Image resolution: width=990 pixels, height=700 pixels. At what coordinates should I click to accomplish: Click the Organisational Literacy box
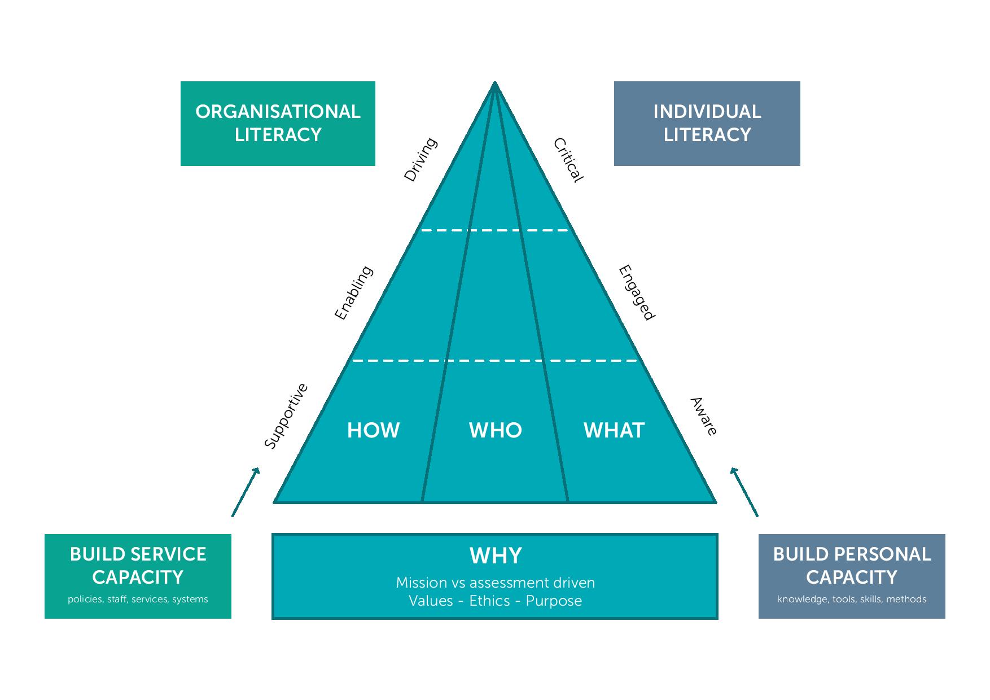278,123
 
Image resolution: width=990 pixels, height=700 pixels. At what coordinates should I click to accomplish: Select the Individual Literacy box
707,123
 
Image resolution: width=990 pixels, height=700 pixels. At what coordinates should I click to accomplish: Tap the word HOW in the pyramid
373,431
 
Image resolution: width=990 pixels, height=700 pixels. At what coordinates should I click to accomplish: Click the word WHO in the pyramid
496,431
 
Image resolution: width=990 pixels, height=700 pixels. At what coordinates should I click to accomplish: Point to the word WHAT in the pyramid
614,431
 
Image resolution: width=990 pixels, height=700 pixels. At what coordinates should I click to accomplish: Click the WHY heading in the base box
496,556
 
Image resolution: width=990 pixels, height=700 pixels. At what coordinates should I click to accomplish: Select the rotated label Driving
420,159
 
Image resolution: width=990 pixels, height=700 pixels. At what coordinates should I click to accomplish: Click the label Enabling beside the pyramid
354,292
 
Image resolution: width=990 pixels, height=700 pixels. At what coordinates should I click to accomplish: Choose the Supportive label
286,416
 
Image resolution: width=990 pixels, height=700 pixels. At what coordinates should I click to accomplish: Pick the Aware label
704,417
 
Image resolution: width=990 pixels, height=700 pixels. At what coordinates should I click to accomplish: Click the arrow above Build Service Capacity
246,492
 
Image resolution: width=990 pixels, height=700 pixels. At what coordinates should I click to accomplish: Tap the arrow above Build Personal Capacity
744,492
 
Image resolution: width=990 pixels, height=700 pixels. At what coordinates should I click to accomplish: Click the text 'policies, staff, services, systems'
138,600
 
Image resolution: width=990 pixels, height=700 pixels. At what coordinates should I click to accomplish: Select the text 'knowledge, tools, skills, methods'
851,600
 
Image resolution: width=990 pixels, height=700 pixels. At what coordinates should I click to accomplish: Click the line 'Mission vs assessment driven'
496,583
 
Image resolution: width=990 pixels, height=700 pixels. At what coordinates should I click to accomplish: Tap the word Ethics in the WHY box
489,601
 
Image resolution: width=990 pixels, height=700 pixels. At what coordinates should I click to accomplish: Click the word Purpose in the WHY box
554,601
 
